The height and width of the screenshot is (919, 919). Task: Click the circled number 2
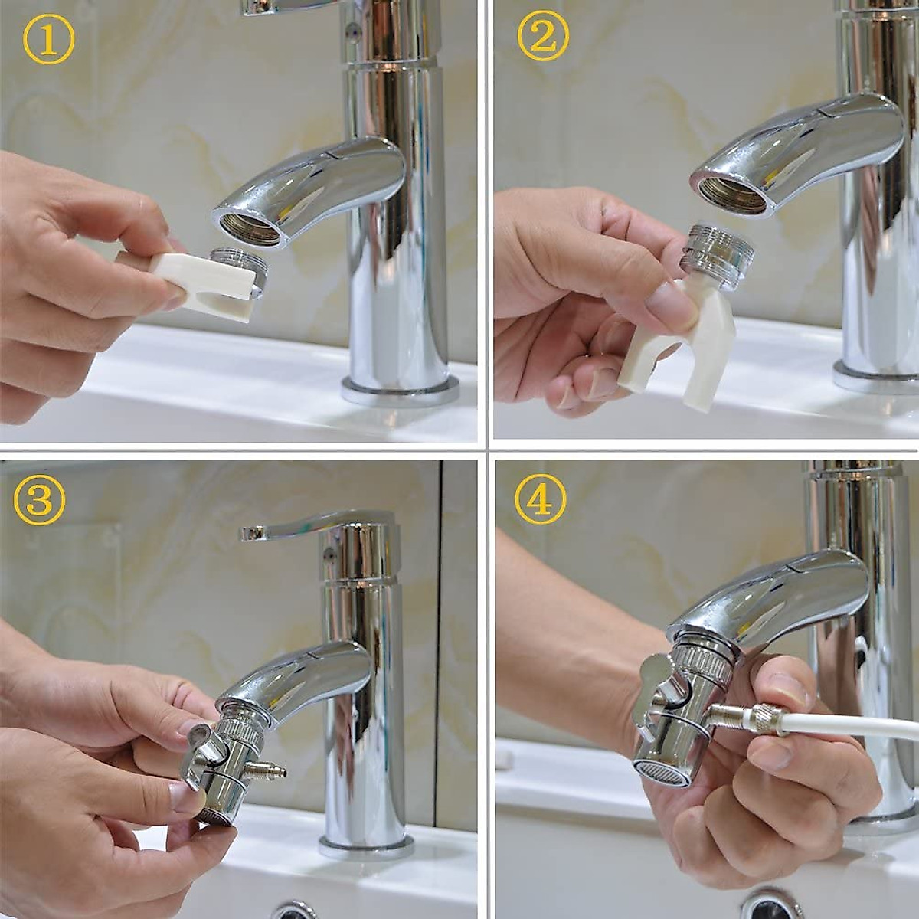[542, 38]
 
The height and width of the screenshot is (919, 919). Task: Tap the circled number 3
[39, 500]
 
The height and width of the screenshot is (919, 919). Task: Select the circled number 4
[541, 502]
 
